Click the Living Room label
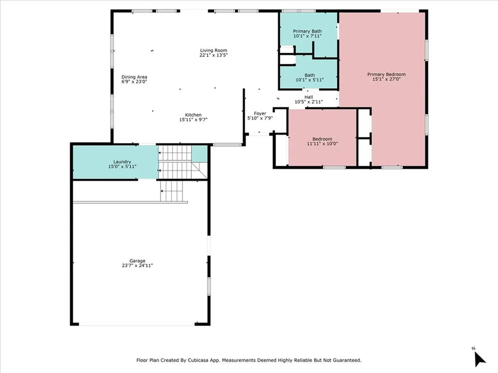213,51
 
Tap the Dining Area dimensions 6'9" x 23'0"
134,82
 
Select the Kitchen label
193,115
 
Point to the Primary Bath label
307,31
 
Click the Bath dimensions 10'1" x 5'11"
309,80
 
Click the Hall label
309,97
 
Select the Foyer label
260,114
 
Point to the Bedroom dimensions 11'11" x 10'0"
322,144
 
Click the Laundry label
122,162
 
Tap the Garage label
137,261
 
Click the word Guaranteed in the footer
344,360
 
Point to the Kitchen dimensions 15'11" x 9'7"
193,120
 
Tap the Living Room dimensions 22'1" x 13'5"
213,55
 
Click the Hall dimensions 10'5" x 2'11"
309,102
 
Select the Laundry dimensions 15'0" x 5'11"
122,167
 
